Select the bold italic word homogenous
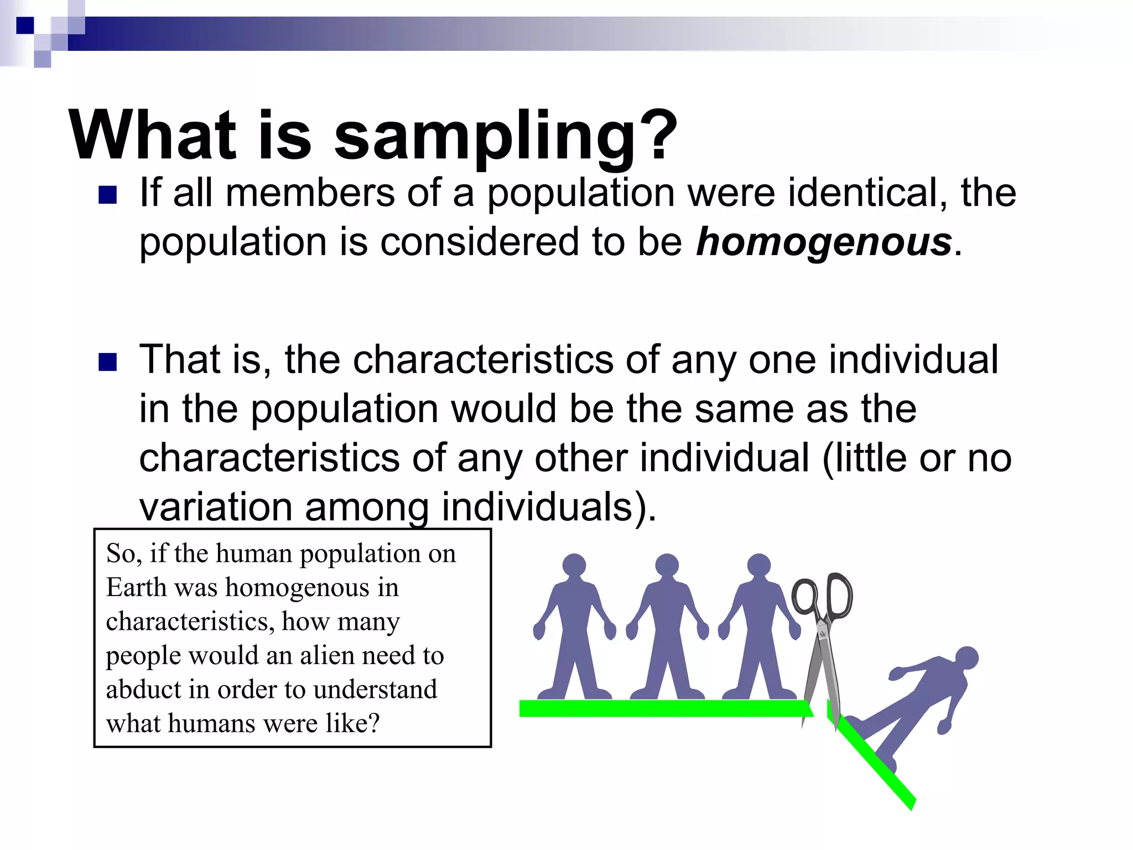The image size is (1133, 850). pos(824,242)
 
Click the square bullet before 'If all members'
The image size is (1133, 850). pos(107,195)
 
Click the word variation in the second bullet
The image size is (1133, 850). pos(215,507)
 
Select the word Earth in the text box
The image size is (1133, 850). pos(136,588)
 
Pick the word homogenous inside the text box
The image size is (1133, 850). pos(297,588)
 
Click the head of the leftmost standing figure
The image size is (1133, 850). pos(574,565)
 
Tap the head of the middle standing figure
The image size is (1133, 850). pos(667,565)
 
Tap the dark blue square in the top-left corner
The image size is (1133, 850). pos(25,25)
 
